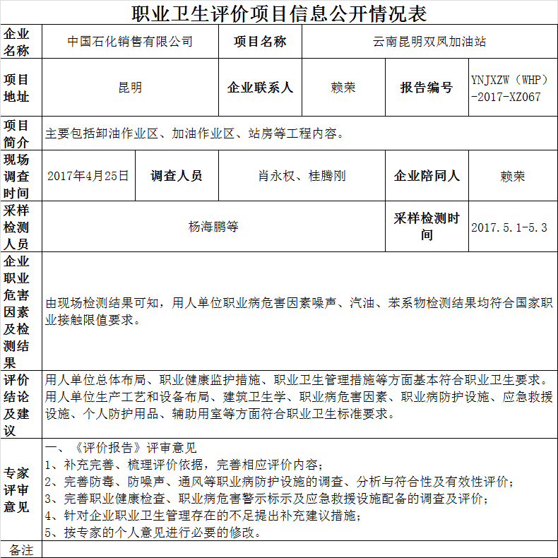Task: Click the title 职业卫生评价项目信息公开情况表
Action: (x=279, y=13)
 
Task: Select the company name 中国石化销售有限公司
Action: (x=130, y=42)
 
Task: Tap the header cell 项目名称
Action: (x=260, y=42)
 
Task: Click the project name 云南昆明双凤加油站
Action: (x=429, y=42)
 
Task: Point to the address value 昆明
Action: (x=130, y=88)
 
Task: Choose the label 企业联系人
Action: (x=260, y=88)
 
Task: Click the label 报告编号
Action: (x=427, y=88)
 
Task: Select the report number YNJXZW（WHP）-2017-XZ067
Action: (x=510, y=88)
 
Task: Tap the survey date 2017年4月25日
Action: (x=88, y=176)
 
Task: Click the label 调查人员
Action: (x=176, y=176)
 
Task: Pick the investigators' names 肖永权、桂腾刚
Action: (x=302, y=176)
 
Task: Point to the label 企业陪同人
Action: (x=427, y=176)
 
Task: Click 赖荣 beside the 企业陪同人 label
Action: (x=513, y=176)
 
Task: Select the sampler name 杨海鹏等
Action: (x=213, y=227)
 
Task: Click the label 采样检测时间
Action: (x=427, y=227)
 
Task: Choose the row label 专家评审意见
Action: (x=21, y=489)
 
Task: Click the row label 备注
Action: (x=21, y=550)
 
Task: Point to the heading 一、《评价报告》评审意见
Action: (x=120, y=448)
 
